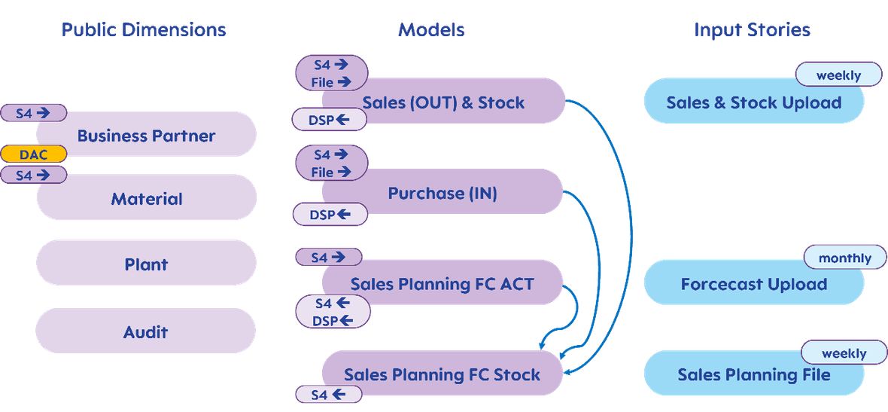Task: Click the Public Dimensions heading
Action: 143,29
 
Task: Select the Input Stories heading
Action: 752,29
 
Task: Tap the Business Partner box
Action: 146,135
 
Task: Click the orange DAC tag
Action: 33,154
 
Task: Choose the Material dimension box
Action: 147,198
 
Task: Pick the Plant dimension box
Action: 146,263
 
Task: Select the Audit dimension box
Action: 145,331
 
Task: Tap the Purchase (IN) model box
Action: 442,192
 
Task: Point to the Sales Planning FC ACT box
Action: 442,282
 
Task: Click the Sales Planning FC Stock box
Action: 442,374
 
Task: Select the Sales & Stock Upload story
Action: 754,102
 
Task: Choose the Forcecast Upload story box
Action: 754,282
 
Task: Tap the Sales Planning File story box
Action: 754,374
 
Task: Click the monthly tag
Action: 845,258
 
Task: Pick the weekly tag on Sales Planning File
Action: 844,352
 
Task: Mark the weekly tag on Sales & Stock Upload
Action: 839,75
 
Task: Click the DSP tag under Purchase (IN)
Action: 330,214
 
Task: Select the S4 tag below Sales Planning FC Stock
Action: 328,394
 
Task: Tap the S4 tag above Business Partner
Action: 33,113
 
